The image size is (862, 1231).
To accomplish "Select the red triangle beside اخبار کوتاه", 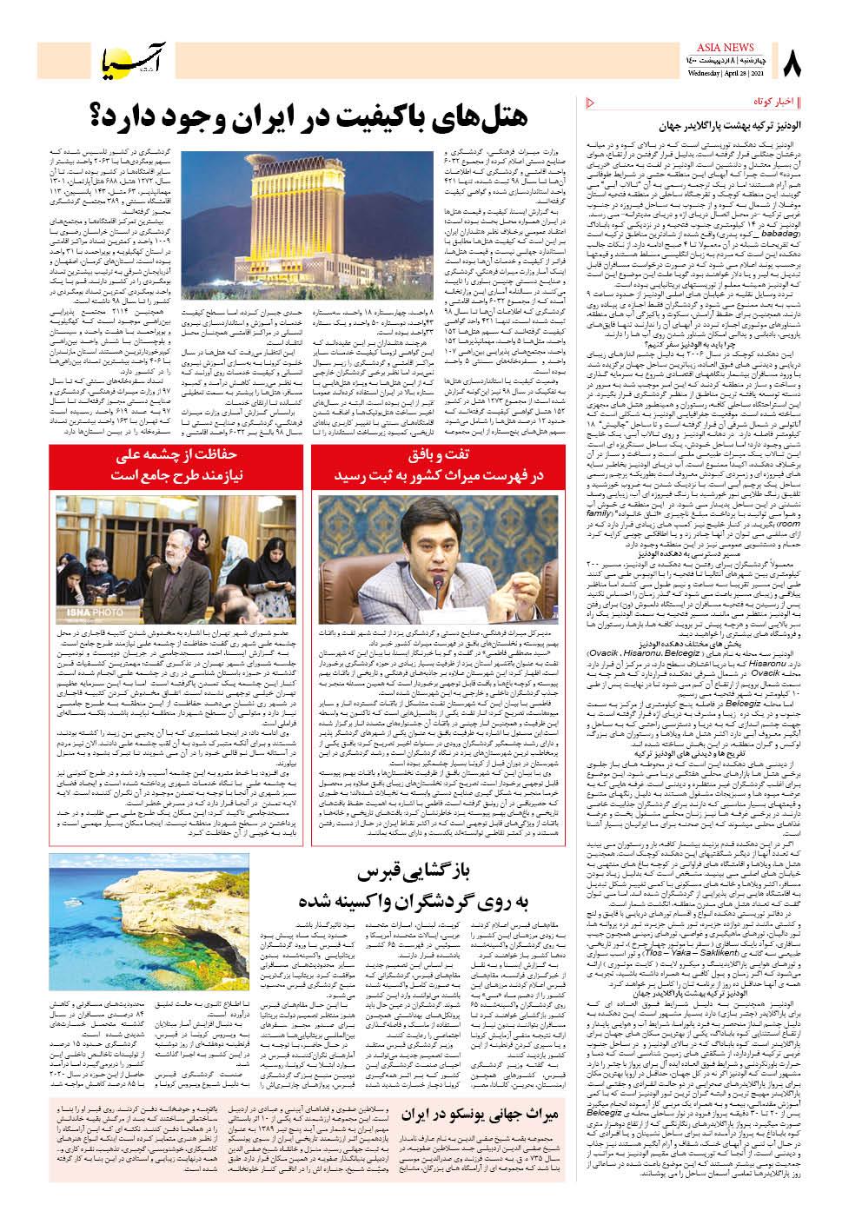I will pos(592,103).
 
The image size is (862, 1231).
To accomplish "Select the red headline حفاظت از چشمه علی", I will pos(177,456).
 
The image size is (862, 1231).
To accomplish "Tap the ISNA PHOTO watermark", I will pos(77,612).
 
